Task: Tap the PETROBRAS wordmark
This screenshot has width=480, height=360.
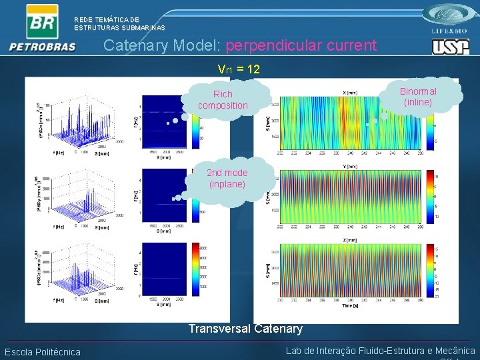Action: pos(43,47)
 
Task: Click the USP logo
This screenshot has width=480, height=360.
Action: pos(450,46)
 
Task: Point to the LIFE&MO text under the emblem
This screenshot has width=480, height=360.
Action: pos(451,31)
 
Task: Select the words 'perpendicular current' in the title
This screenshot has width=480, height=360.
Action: pos(301,45)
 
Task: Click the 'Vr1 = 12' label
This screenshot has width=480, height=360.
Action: pos(239,69)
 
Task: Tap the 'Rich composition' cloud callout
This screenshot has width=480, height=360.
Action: pos(223,100)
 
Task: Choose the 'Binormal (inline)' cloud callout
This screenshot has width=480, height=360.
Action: pos(418,97)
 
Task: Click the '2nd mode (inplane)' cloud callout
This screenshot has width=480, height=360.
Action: pos(227,178)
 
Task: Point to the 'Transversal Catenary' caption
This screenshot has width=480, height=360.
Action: pos(245,328)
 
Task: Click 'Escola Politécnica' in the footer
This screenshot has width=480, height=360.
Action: pos(43,352)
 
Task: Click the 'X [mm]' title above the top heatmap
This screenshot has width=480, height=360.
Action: pos(350,93)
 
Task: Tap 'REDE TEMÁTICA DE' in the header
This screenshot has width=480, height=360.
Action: pos(107,20)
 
